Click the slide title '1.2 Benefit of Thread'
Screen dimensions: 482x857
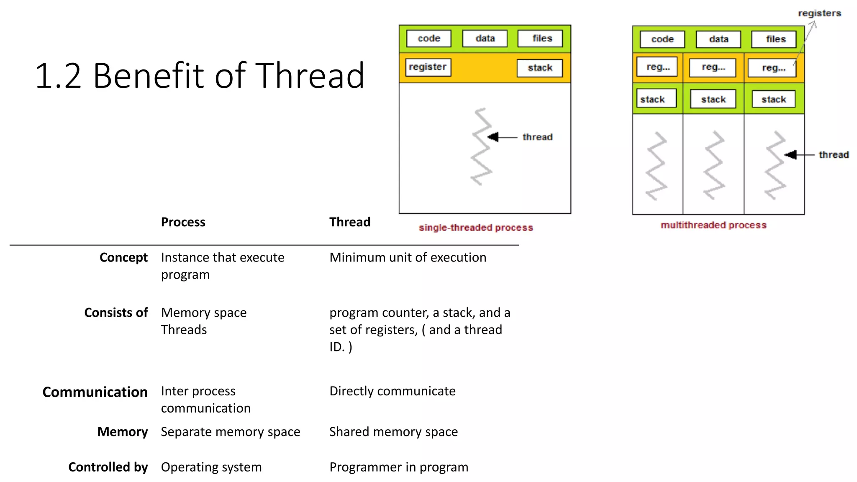coord(200,76)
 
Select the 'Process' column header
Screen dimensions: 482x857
coord(183,222)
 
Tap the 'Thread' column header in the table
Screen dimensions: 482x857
coord(349,222)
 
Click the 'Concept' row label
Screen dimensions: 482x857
coord(123,257)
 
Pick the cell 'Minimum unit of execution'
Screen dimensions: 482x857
coord(408,257)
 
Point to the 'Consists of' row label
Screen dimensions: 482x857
coord(116,313)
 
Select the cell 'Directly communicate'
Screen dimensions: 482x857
coord(392,391)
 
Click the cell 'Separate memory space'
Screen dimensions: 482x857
coord(230,431)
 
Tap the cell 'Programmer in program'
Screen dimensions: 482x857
coord(398,467)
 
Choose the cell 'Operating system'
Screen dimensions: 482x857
coord(211,467)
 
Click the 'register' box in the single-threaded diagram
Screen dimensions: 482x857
coord(428,67)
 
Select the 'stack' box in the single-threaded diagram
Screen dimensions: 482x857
coord(539,68)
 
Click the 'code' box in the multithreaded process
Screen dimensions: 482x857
coord(662,39)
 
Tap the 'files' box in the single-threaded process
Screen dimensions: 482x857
coord(542,38)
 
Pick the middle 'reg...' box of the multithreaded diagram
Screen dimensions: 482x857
coord(713,67)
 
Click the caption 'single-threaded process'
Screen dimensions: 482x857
coord(476,228)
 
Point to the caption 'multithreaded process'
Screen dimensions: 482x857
coord(713,225)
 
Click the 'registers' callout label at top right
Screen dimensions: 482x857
coord(819,13)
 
